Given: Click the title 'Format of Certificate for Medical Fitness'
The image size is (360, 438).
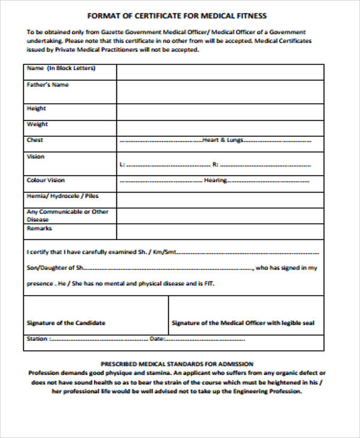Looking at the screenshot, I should pos(177,16).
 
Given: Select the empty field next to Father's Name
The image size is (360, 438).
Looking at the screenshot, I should pos(220,92).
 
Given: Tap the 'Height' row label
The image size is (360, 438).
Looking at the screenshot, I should pos(37,109).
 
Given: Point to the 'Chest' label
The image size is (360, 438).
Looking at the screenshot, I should pos(35,140).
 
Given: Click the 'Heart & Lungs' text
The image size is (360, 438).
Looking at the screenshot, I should pos(223,140).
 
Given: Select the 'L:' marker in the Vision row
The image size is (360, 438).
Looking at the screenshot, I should pos(122,164).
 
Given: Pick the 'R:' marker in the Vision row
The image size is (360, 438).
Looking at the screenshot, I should pos(215,164).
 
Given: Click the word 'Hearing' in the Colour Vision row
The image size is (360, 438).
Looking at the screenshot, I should pos(216,180).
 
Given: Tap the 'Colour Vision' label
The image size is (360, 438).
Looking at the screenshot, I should pos(46,180).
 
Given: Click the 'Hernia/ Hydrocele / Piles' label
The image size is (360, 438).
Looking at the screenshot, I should pos(62,196).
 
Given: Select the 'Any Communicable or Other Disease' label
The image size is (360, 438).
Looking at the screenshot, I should pos(67,215).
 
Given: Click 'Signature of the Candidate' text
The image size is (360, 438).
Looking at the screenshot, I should pos(66,323).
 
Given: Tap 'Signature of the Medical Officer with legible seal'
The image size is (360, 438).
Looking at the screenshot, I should pos(243,323).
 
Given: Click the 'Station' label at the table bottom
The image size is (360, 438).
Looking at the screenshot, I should pos(37,339).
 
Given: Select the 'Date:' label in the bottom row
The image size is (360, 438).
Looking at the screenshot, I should pos(156,339).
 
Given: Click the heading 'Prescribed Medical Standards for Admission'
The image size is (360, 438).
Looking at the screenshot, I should pos(177,364).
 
